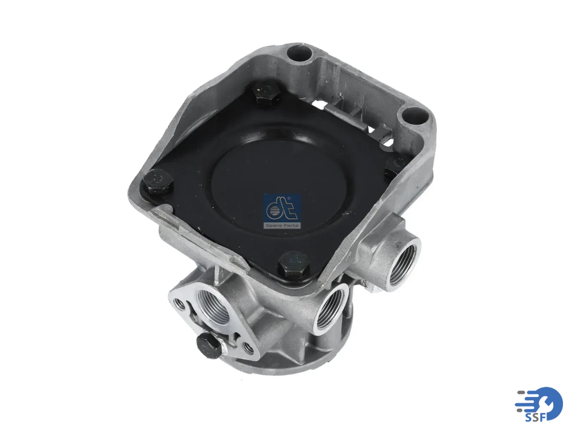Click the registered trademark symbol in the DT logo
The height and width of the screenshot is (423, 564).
[x=289, y=198]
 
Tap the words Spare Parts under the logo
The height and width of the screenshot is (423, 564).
[x=282, y=226]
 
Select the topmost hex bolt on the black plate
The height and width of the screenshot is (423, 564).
[x=265, y=92]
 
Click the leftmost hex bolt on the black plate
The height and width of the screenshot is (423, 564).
[x=157, y=182]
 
